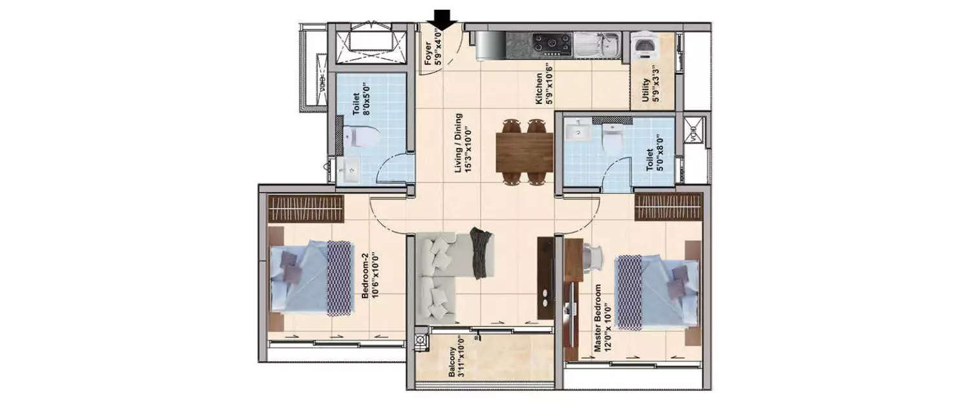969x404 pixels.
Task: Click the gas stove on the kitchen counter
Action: pyautogui.click(x=552, y=44)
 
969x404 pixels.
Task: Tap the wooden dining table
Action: pyautogui.click(x=524, y=153)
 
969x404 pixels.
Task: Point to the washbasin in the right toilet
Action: pyautogui.click(x=577, y=131)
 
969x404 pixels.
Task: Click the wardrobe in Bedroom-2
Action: pyautogui.click(x=306, y=209)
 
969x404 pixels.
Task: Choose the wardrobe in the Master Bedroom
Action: pyautogui.click(x=667, y=207)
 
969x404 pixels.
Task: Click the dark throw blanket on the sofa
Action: pyautogui.click(x=481, y=252)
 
